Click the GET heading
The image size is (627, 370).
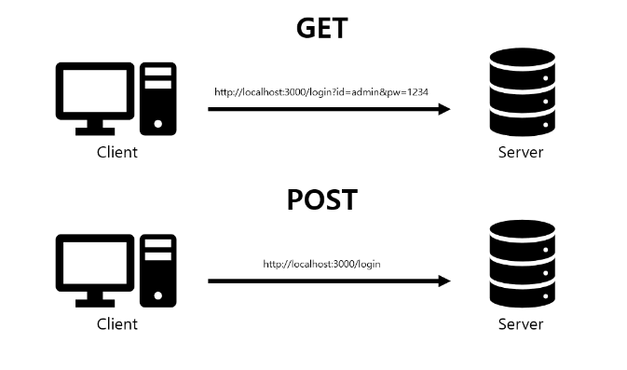322,28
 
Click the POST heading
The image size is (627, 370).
322,199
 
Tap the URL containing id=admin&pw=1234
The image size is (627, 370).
321,92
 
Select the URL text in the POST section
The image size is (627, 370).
321,264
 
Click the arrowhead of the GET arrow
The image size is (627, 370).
444,109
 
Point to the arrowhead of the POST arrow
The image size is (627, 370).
444,281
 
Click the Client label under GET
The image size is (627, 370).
117,153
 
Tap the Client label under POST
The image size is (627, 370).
117,324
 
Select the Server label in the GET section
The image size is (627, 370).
521,153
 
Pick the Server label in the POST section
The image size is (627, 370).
521,324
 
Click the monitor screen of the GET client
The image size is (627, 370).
95,91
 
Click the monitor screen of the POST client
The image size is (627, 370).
95,263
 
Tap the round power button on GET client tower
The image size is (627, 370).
158,124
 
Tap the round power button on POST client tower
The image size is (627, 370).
158,295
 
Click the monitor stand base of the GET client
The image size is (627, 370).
95,131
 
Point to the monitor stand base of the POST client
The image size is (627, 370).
95,304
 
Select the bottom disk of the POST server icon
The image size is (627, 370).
523,294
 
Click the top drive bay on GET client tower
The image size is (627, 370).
158,72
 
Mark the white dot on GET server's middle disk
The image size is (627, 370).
545,102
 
